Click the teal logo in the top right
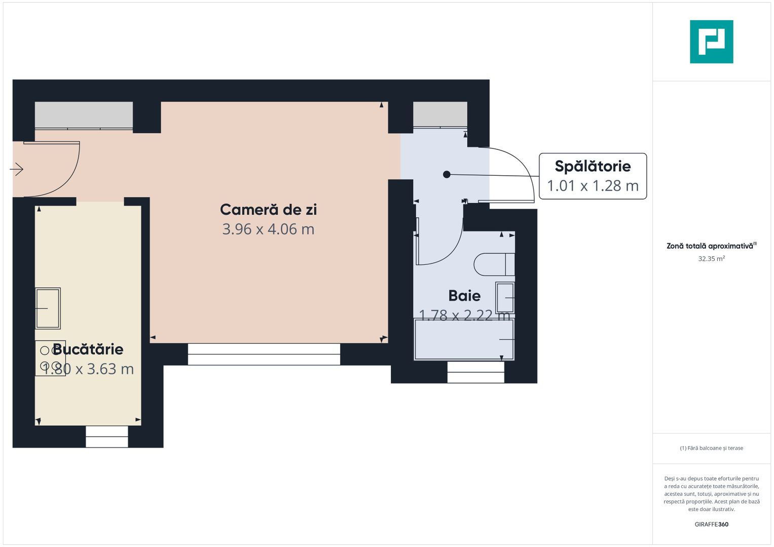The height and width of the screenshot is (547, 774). (711, 42)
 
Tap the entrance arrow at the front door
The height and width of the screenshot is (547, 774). (17, 169)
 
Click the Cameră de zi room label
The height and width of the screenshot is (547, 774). (268, 210)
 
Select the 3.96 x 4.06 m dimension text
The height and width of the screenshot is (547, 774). (268, 229)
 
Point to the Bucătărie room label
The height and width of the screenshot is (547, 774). (88, 349)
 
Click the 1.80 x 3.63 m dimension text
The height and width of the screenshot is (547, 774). (88, 369)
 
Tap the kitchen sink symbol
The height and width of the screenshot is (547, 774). (48, 308)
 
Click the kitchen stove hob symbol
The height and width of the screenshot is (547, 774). (50, 358)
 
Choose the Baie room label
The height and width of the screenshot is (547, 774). (464, 296)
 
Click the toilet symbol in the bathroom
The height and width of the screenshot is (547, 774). (494, 264)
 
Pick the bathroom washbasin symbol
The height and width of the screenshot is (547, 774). (505, 298)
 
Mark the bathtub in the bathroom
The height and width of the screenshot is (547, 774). (464, 339)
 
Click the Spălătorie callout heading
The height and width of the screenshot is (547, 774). (593, 166)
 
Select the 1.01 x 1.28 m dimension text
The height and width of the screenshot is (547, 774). (593, 186)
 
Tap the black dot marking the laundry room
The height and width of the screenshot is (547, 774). (447, 174)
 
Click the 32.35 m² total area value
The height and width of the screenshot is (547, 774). (711, 259)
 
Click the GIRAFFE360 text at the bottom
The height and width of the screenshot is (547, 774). (711, 524)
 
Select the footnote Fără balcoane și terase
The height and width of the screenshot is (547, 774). (711, 448)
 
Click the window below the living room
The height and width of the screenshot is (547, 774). (264, 354)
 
